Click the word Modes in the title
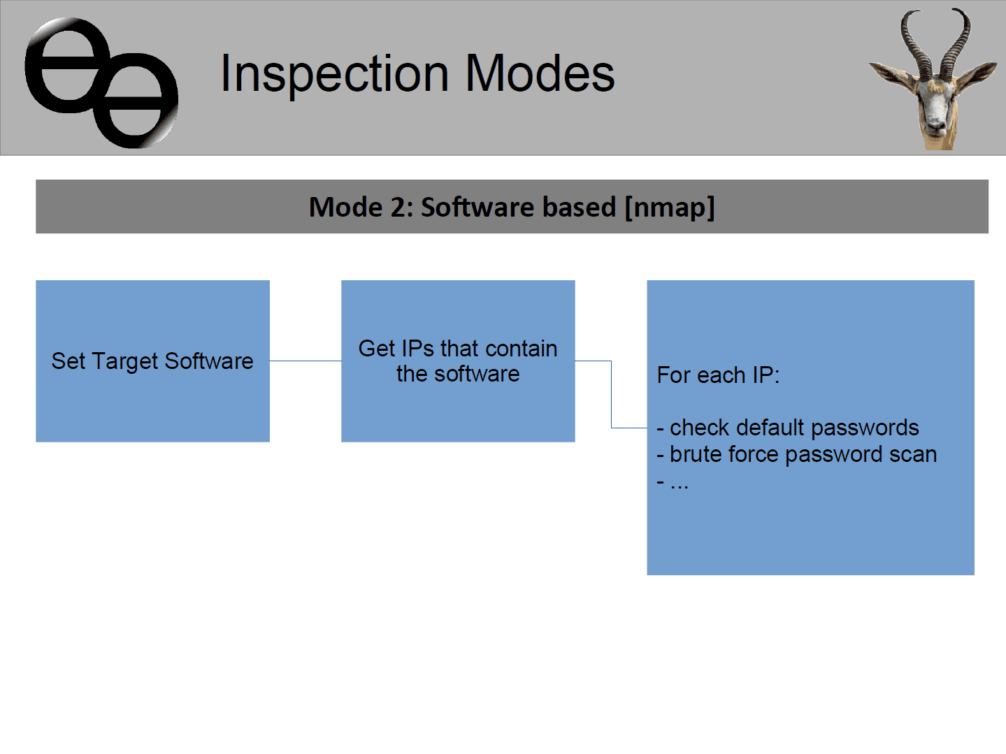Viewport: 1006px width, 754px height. tap(540, 73)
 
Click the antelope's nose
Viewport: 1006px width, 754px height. tap(935, 124)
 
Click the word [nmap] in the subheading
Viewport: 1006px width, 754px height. tap(670, 208)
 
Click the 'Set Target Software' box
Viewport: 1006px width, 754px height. tap(152, 361)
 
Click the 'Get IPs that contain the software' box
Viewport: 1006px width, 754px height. tap(458, 361)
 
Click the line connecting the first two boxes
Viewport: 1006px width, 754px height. tap(306, 361)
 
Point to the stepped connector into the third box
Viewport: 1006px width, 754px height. tap(612, 394)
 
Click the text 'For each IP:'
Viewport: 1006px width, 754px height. tap(718, 375)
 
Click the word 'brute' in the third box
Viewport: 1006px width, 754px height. tap(696, 454)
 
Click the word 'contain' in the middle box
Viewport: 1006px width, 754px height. tap(522, 349)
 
